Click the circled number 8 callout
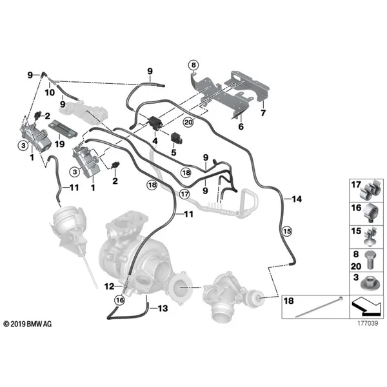(x=193, y=65)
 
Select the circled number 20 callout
(x=188, y=122)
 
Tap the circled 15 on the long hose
(x=287, y=232)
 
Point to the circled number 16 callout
(x=120, y=300)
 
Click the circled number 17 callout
(x=184, y=194)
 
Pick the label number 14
(x=297, y=199)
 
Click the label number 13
(x=163, y=308)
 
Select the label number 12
(x=110, y=286)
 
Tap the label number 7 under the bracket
(x=263, y=113)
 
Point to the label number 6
(x=241, y=126)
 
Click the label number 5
(x=174, y=152)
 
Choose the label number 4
(x=155, y=141)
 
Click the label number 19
(x=59, y=144)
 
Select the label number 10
(x=50, y=92)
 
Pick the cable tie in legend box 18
(x=319, y=307)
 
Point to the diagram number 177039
(x=368, y=323)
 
